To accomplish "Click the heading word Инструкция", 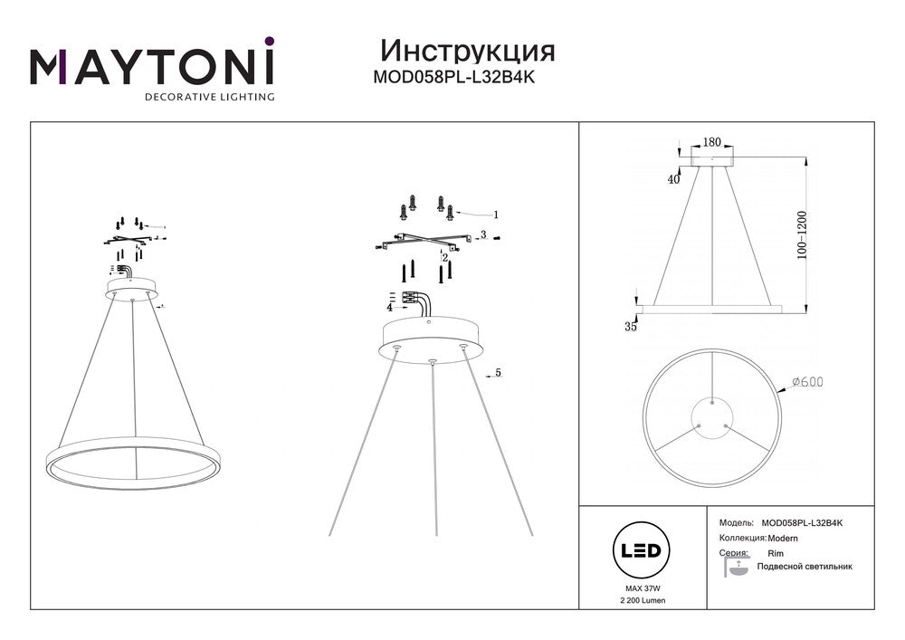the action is point(468,52).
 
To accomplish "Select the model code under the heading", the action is point(454,77).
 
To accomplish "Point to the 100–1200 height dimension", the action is point(802,234).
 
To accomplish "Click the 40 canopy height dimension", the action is point(673,179).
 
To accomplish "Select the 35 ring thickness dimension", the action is point(631,327).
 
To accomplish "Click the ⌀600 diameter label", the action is point(808,381).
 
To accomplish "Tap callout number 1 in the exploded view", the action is point(495,215).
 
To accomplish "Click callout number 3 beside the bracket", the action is point(483,234).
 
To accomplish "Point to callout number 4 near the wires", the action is point(389,308).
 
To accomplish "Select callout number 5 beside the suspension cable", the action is point(498,373).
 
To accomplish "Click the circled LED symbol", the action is point(641,550).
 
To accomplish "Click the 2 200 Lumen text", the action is point(643,600).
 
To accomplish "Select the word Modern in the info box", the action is point(783,539).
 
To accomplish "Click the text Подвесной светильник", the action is point(804,567).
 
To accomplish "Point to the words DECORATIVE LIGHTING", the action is point(210,97).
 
